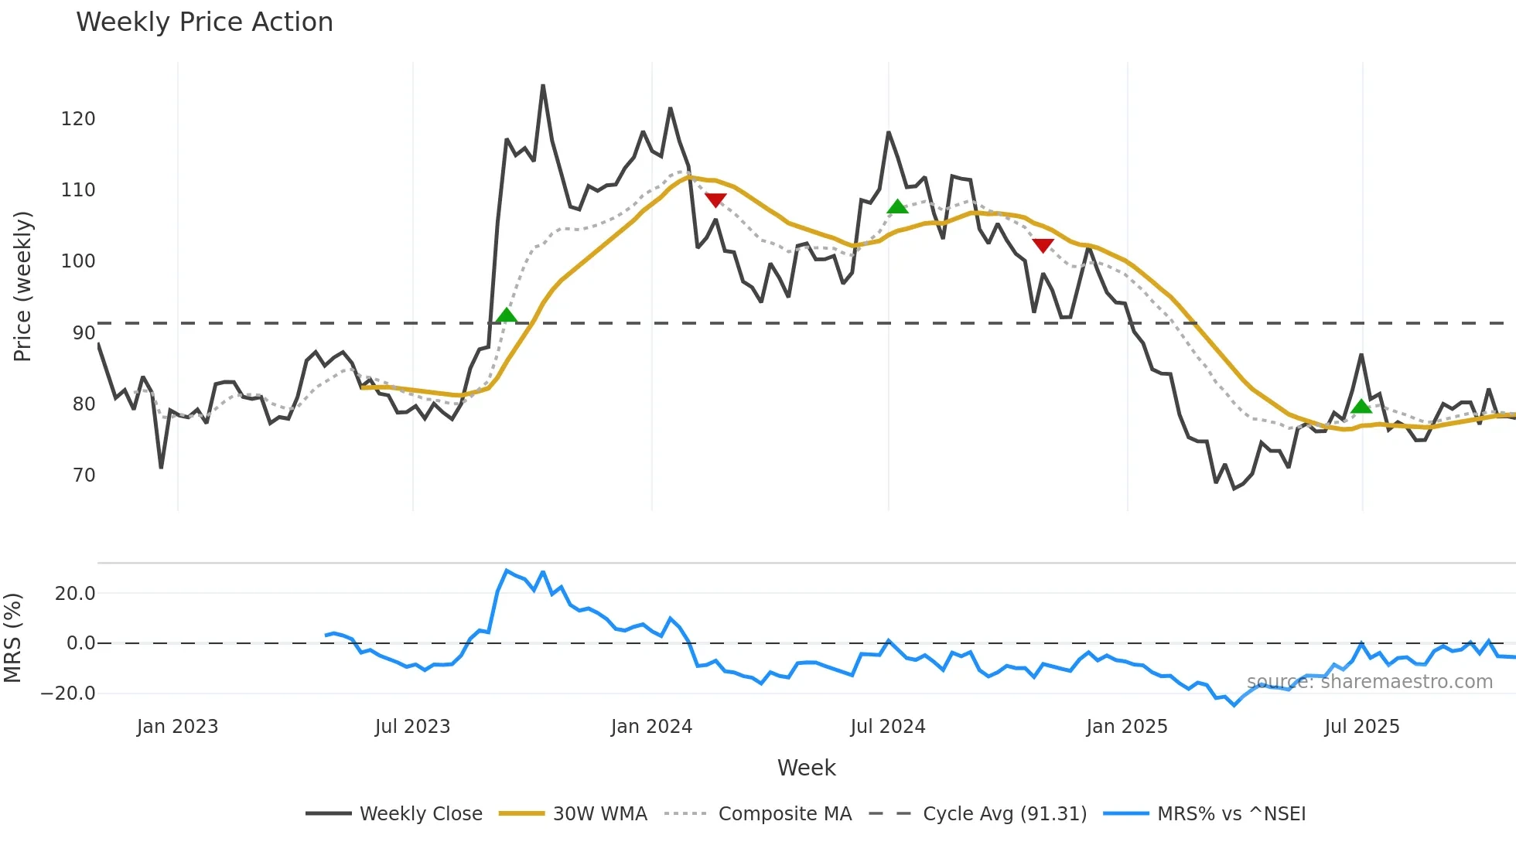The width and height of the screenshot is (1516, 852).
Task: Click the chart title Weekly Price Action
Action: (x=204, y=22)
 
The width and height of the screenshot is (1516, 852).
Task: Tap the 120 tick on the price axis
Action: (x=78, y=119)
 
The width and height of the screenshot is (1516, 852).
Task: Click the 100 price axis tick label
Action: (x=78, y=261)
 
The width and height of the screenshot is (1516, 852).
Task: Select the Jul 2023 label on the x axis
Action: (x=412, y=727)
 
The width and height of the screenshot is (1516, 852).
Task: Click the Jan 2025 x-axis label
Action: (x=1126, y=727)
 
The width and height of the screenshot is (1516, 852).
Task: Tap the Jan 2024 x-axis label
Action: (x=651, y=727)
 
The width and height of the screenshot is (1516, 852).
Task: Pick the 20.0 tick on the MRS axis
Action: (x=75, y=594)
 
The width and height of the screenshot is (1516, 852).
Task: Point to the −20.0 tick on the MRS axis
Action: (x=68, y=694)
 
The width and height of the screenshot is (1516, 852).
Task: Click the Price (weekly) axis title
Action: (x=22, y=286)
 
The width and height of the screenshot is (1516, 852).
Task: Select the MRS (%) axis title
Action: (x=12, y=638)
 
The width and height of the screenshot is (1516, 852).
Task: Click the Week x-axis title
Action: (x=806, y=768)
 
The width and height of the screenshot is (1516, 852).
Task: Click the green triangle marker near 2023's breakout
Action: (x=506, y=315)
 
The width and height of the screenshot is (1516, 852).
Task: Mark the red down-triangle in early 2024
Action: (x=715, y=200)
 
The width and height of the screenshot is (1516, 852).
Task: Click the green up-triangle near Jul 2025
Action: (x=1361, y=407)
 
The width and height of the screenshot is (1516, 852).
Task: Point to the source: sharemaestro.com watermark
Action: (x=1369, y=682)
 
